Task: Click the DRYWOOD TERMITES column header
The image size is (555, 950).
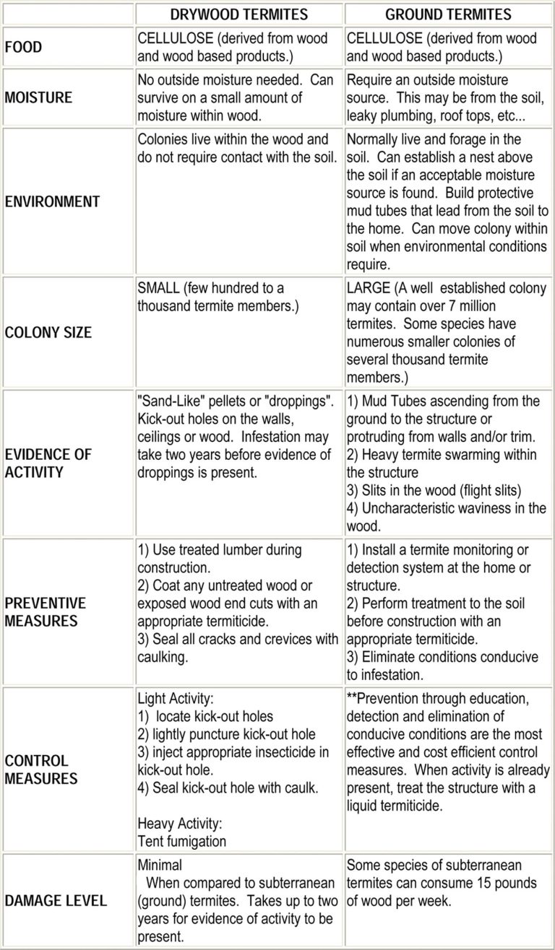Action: (239, 14)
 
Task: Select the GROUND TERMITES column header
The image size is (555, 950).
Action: (448, 14)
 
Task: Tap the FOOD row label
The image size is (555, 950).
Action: (24, 48)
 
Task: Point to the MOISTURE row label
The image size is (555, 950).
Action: (38, 97)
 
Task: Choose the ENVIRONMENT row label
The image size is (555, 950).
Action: (52, 201)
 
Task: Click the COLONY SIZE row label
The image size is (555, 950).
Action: (48, 333)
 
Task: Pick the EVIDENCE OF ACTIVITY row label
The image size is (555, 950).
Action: (48, 463)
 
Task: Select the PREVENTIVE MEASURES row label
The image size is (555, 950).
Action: (45, 611)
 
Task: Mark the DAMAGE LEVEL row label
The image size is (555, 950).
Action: (56, 900)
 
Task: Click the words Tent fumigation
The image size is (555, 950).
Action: (181, 841)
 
